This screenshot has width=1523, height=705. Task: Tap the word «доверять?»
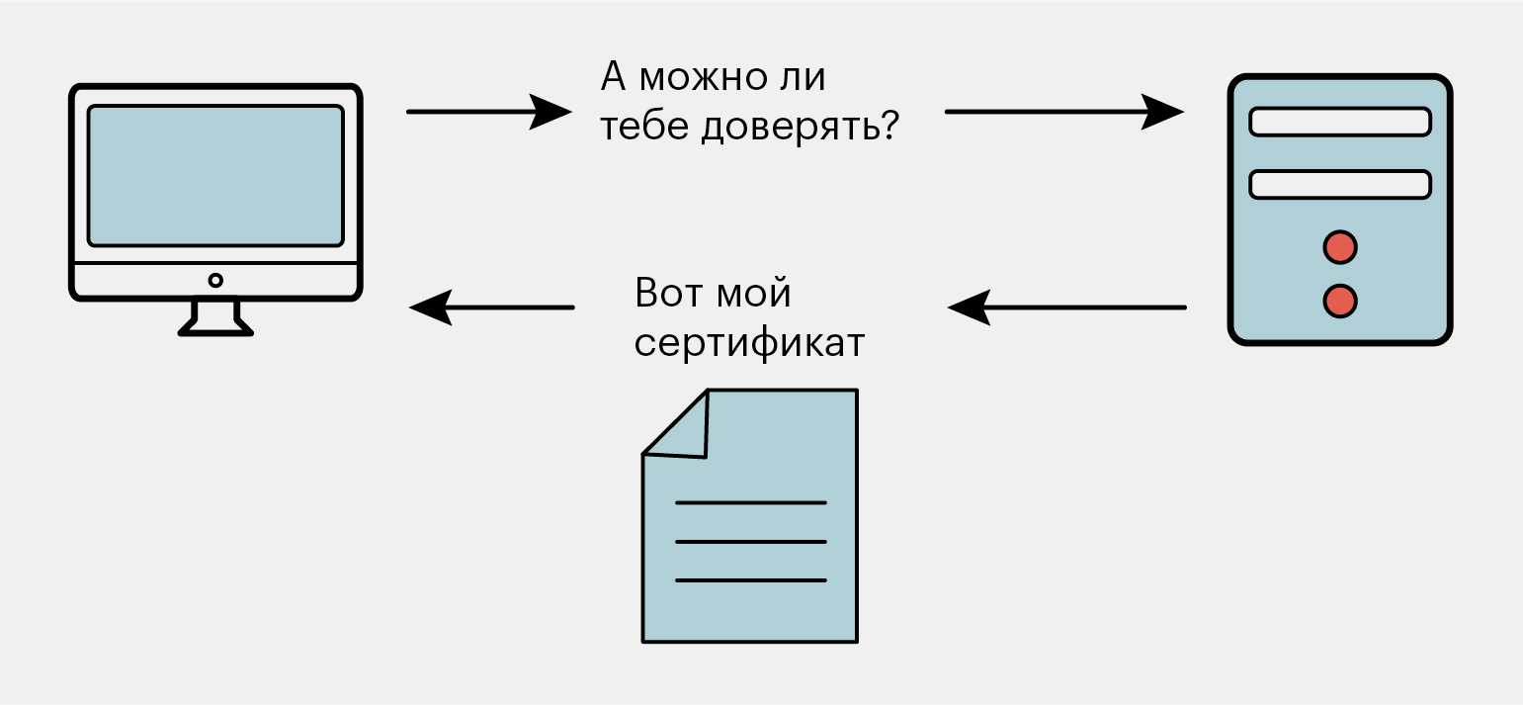[801, 128]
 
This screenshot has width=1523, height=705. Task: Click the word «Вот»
[668, 293]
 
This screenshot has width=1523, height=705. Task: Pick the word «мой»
[754, 293]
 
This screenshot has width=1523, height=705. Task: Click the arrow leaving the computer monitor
[489, 112]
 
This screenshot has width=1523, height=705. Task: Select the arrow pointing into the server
[1064, 112]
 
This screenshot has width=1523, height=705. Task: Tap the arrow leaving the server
[1066, 308]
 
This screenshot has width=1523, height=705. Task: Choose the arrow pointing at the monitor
[491, 308]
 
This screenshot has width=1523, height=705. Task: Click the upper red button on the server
[1340, 247]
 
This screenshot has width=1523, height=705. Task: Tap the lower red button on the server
[1340, 302]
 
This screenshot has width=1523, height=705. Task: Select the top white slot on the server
[1340, 122]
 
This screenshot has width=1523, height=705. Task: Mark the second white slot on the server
[1340, 185]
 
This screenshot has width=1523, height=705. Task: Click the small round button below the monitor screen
[215, 281]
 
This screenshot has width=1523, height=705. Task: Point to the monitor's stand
[215, 318]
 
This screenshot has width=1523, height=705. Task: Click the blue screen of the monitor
[215, 176]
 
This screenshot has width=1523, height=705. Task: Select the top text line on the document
[750, 503]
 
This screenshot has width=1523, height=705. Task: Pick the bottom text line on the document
[750, 580]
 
